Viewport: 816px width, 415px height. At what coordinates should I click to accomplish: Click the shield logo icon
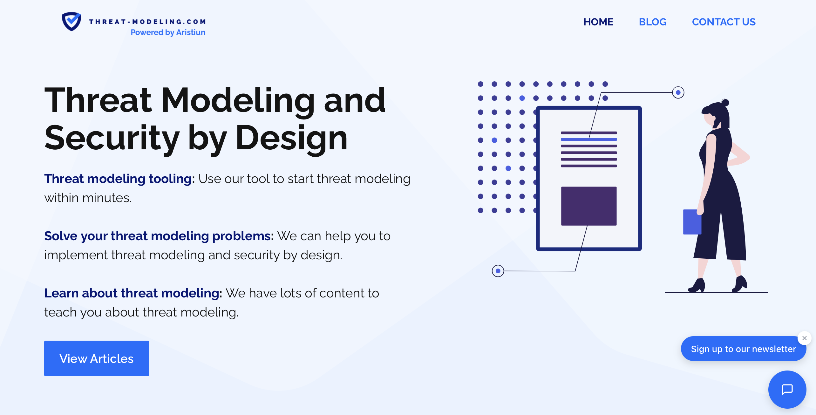pyautogui.click(x=71, y=21)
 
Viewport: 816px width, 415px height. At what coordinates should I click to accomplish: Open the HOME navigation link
pyautogui.click(x=598, y=22)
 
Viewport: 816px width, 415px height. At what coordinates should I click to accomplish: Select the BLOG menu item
pyautogui.click(x=653, y=22)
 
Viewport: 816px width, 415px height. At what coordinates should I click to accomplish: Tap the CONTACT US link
pyautogui.click(x=724, y=22)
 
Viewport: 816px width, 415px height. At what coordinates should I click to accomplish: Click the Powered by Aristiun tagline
pyautogui.click(x=168, y=32)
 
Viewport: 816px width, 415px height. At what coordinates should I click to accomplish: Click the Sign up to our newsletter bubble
pyautogui.click(x=744, y=349)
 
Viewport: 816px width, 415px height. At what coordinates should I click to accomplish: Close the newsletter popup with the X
pyautogui.click(x=805, y=338)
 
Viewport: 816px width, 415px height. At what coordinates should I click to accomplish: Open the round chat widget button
pyautogui.click(x=787, y=389)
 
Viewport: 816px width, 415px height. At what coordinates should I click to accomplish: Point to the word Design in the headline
pyautogui.click(x=291, y=138)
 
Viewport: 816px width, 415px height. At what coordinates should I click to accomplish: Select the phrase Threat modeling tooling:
pyautogui.click(x=119, y=179)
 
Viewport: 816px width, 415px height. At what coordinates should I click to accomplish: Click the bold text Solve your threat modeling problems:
pyautogui.click(x=159, y=236)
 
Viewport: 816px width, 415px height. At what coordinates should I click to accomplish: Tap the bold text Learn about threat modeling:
pyautogui.click(x=133, y=293)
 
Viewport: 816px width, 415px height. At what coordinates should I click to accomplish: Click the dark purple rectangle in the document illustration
pyautogui.click(x=589, y=206)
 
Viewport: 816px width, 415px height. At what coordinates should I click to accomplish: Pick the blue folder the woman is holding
pyautogui.click(x=692, y=222)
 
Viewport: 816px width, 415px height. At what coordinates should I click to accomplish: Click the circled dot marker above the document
pyautogui.click(x=678, y=92)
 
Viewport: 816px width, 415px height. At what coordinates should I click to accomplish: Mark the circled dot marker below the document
pyautogui.click(x=498, y=271)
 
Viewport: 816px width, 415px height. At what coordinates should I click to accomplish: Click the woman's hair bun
pyautogui.click(x=725, y=102)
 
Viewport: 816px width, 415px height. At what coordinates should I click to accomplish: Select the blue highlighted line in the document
pyautogui.click(x=589, y=139)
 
